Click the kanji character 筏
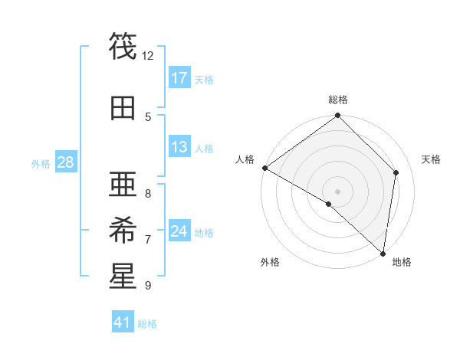(x=123, y=47)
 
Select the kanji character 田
(x=123, y=108)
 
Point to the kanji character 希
(x=123, y=227)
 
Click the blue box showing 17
(x=179, y=77)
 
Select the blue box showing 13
(x=179, y=147)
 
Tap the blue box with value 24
(x=179, y=231)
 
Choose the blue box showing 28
(x=65, y=162)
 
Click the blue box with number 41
(x=123, y=322)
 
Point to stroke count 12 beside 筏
(x=148, y=56)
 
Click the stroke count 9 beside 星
(x=148, y=286)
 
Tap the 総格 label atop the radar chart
(x=338, y=100)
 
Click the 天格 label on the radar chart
(x=432, y=159)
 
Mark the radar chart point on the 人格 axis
(x=264, y=168)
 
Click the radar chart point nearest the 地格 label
(x=383, y=253)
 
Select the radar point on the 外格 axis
(x=329, y=204)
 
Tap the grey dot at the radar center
(x=338, y=191)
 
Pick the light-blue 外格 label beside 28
(x=40, y=163)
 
